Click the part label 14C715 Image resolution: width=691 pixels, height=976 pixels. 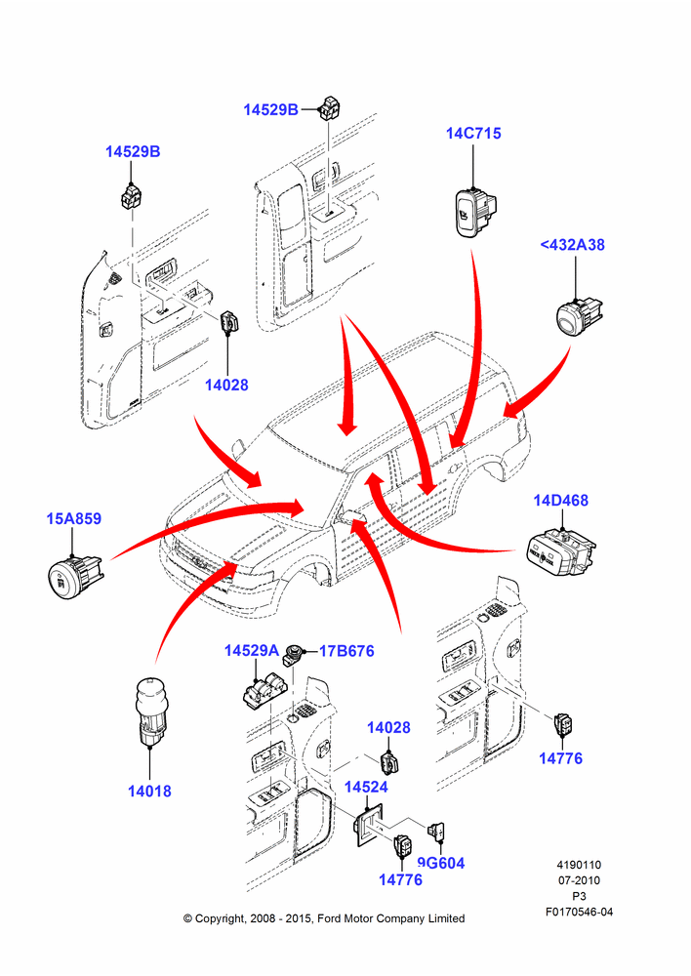(473, 133)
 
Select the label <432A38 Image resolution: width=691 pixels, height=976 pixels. (572, 245)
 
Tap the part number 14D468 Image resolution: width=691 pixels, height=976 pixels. (560, 501)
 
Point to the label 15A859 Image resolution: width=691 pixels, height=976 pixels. (73, 518)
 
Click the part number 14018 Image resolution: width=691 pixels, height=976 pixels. (149, 792)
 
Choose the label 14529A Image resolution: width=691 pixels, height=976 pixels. (252, 650)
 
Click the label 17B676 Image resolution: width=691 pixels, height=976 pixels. (346, 651)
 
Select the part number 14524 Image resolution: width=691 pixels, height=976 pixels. (366, 787)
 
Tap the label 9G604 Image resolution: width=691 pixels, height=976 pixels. (441, 863)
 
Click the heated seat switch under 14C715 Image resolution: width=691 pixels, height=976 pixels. (475, 212)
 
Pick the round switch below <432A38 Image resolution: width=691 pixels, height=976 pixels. (579, 315)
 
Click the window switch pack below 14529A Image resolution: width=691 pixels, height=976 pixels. (265, 691)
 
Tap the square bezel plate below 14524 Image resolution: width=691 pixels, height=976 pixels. (368, 824)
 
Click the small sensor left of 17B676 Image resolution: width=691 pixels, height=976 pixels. (293, 656)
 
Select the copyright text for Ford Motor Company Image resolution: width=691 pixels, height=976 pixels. (324, 918)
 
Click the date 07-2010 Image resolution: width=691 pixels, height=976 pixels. (579, 880)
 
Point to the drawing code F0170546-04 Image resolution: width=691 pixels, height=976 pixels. (579, 912)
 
